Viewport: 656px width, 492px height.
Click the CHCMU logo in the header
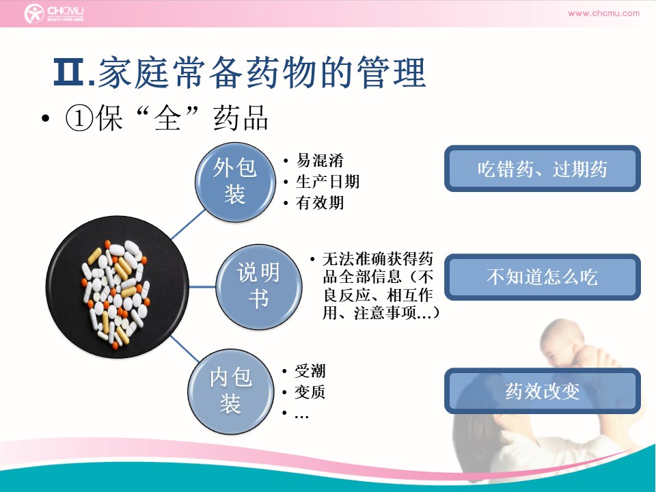tap(53, 14)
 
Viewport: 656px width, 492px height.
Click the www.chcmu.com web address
tap(603, 13)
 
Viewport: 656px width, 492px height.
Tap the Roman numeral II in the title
tap(69, 72)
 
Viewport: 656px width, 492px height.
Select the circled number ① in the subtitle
tap(79, 118)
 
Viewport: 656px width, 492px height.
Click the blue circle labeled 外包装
tap(235, 182)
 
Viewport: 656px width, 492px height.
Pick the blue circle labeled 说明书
tap(258, 286)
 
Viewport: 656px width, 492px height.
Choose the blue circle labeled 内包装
tap(231, 391)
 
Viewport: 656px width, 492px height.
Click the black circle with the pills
tap(117, 287)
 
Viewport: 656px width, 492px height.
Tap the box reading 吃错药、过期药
tap(542, 169)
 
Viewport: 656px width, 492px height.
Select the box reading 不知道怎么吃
tap(542, 277)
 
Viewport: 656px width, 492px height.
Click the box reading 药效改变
tap(542, 391)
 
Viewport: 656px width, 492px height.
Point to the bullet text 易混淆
tap(320, 160)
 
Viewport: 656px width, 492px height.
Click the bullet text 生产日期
tap(328, 182)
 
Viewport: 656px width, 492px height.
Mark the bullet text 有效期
tap(320, 203)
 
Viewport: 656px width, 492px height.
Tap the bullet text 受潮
tap(310, 370)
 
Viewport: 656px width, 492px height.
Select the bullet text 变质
tap(310, 392)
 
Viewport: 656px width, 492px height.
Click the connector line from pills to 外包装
tap(189, 224)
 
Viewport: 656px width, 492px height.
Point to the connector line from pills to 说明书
tap(202, 287)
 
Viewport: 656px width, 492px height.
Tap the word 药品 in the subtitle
tap(241, 118)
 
